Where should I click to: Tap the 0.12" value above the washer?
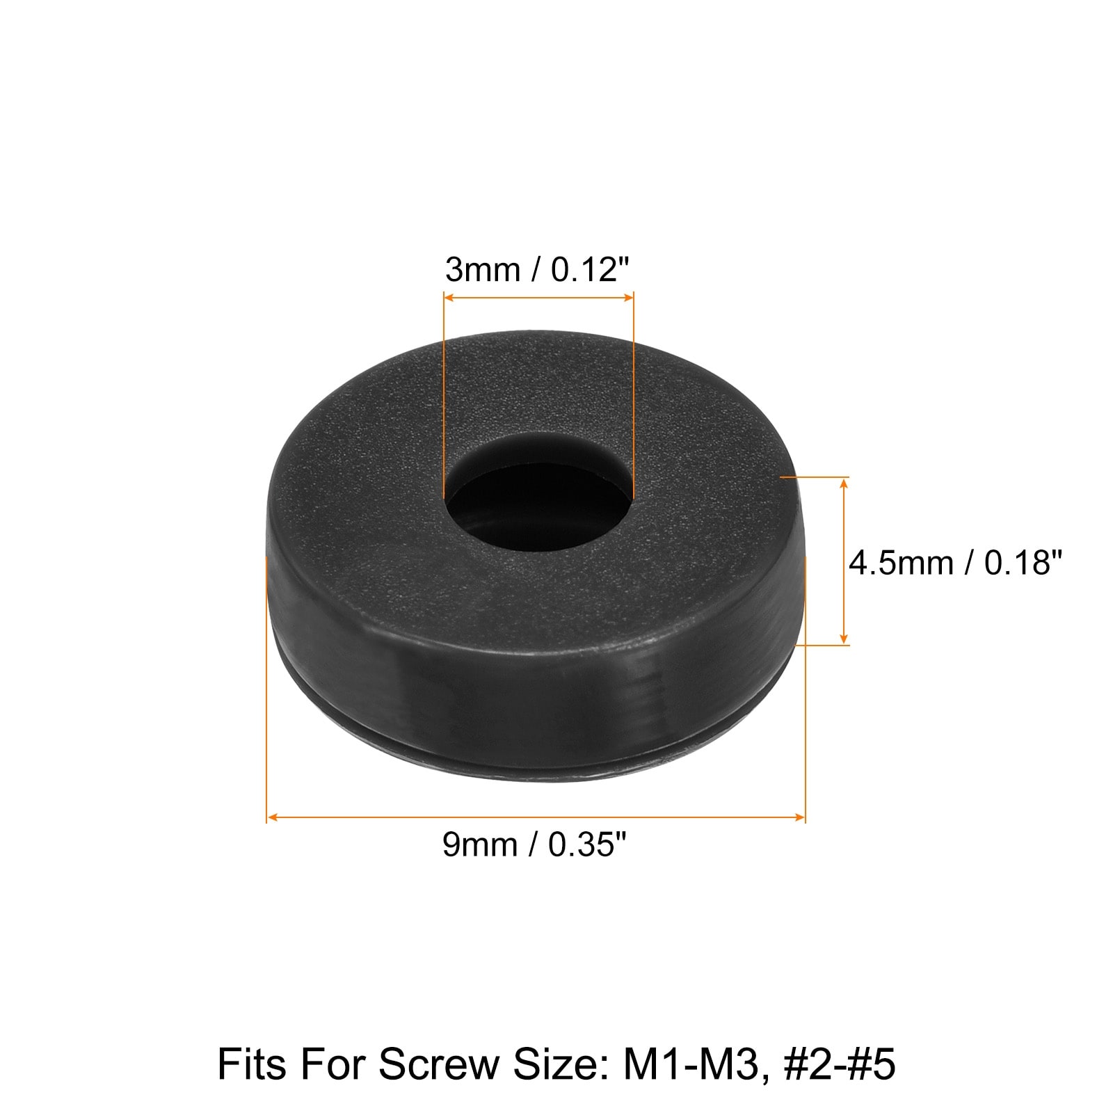591,269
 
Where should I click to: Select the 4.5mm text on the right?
901,562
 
